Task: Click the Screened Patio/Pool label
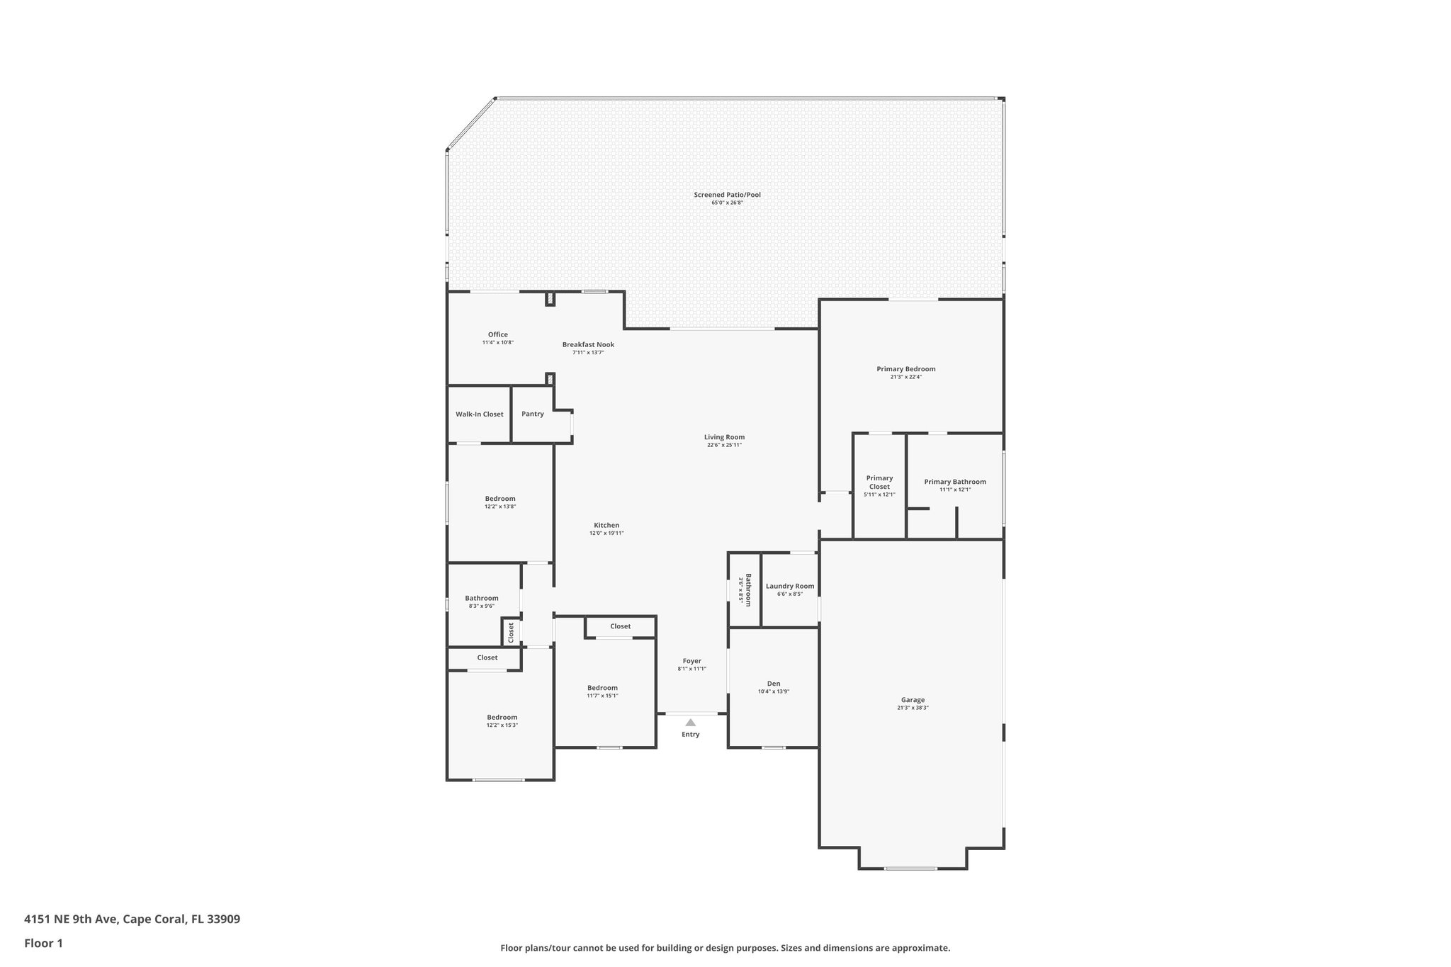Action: pos(727,195)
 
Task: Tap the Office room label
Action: pos(497,335)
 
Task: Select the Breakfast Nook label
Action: pos(588,345)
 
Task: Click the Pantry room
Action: pos(533,414)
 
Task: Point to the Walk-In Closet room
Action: pos(479,414)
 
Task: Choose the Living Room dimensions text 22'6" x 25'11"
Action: pos(724,446)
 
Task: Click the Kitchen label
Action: pos(606,526)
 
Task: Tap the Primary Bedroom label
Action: pos(905,369)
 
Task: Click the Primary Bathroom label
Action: pos(954,482)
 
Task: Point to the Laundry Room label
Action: pos(790,587)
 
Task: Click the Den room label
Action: pos(774,684)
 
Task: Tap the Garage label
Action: pos(913,700)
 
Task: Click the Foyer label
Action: pos(691,661)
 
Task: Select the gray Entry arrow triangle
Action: pos(691,723)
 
